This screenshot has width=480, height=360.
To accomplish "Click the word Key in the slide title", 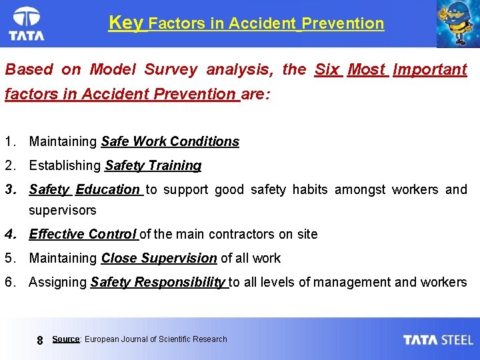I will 125,23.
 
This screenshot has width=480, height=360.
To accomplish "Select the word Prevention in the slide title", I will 343,24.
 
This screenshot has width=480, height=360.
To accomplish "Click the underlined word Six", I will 327,69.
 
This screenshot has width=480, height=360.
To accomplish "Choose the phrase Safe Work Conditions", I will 170,141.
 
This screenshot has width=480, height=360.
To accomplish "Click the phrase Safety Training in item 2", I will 153,165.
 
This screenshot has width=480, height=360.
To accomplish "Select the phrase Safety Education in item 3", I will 85,189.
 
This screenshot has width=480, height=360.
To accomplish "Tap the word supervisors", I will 62,211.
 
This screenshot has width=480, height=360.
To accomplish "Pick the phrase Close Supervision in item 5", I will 159,258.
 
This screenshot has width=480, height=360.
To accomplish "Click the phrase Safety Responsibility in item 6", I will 158,282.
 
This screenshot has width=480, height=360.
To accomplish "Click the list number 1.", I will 9,141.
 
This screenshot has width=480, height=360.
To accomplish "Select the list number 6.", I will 9,282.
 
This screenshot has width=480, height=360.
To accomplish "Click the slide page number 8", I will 39,340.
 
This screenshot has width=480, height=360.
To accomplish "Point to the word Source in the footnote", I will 66,339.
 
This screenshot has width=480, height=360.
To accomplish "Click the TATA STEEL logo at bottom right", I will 438,339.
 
